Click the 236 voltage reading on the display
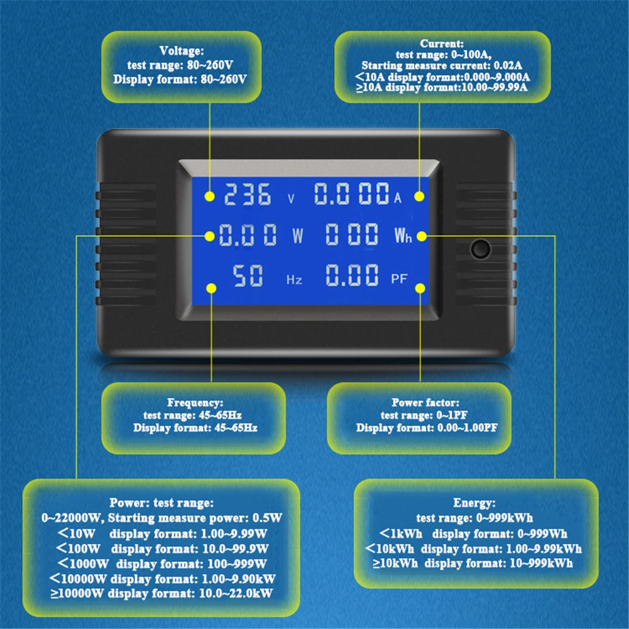248,195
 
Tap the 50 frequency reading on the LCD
248,275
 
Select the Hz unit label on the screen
294,280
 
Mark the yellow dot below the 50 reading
211,288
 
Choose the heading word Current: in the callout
442,44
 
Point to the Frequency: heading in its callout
195,402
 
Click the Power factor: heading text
425,402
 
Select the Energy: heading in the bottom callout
474,503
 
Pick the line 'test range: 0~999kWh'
474,518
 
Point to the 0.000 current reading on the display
351,195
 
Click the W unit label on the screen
297,237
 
